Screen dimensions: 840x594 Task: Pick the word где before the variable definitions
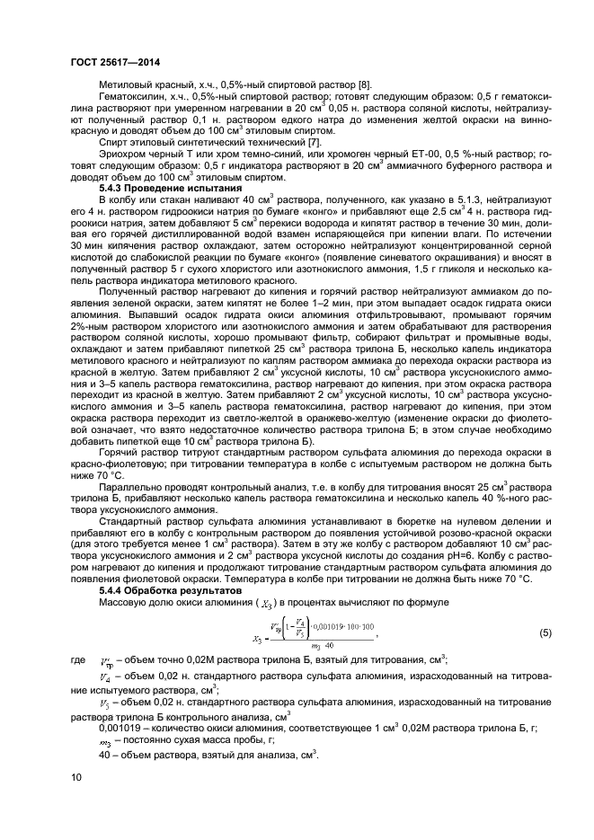pyautogui.click(x=77, y=661)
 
